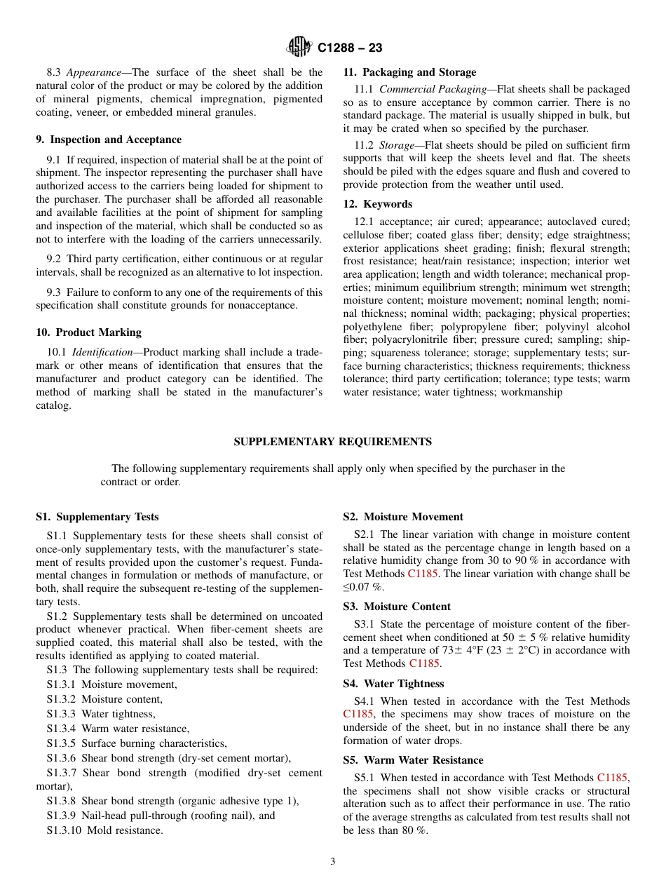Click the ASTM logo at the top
click(x=300, y=47)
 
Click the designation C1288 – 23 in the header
click(x=350, y=48)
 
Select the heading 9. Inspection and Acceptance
click(x=109, y=140)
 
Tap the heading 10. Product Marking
click(x=88, y=332)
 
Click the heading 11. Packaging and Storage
click(x=409, y=72)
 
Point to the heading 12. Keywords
click(x=377, y=204)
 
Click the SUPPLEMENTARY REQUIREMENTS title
click(x=332, y=442)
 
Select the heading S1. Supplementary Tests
click(x=97, y=517)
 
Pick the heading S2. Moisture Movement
click(x=403, y=517)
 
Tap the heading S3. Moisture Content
click(x=397, y=607)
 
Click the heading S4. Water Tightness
click(x=393, y=684)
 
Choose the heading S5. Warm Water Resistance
click(x=413, y=760)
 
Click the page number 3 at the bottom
click(x=333, y=861)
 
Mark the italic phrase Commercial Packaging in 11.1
click(x=433, y=89)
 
